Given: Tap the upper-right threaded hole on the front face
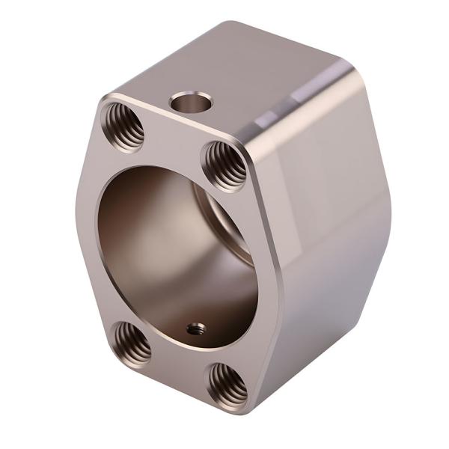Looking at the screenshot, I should click(224, 165).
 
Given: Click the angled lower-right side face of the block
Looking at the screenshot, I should click(329, 314).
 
